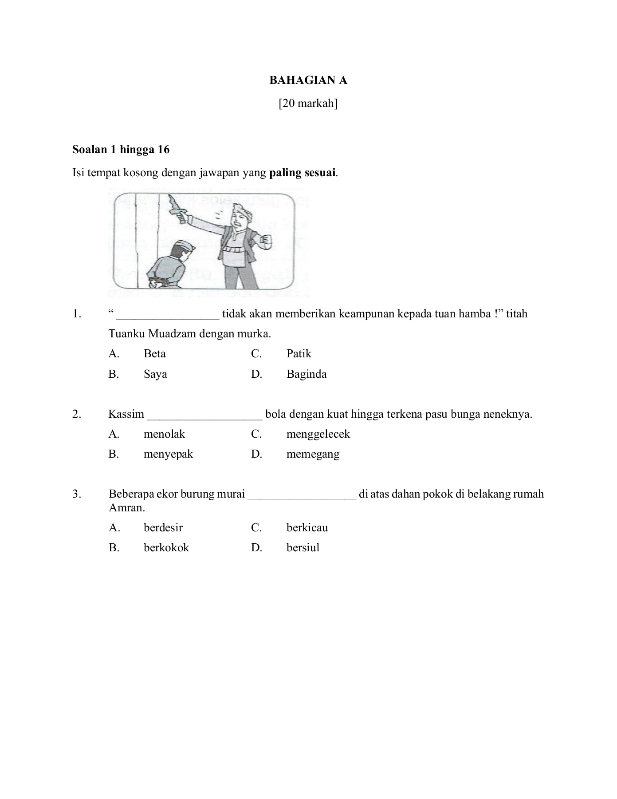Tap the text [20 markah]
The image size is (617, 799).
tap(308, 103)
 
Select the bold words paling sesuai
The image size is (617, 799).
tap(302, 173)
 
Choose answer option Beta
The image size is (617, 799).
tap(155, 354)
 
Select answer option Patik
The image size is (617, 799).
tap(299, 354)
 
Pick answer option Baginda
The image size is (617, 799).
tap(307, 374)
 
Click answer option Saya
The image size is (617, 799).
tap(155, 374)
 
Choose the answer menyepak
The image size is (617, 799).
tap(168, 454)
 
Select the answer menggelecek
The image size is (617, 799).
tap(318, 434)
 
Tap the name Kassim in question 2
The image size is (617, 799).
tap(126, 414)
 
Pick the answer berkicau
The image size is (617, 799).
tap(307, 528)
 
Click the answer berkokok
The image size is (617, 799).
tap(166, 548)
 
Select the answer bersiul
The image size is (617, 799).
tap(303, 548)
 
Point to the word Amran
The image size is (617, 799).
tap(127, 508)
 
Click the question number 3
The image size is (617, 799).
tap(77, 494)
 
